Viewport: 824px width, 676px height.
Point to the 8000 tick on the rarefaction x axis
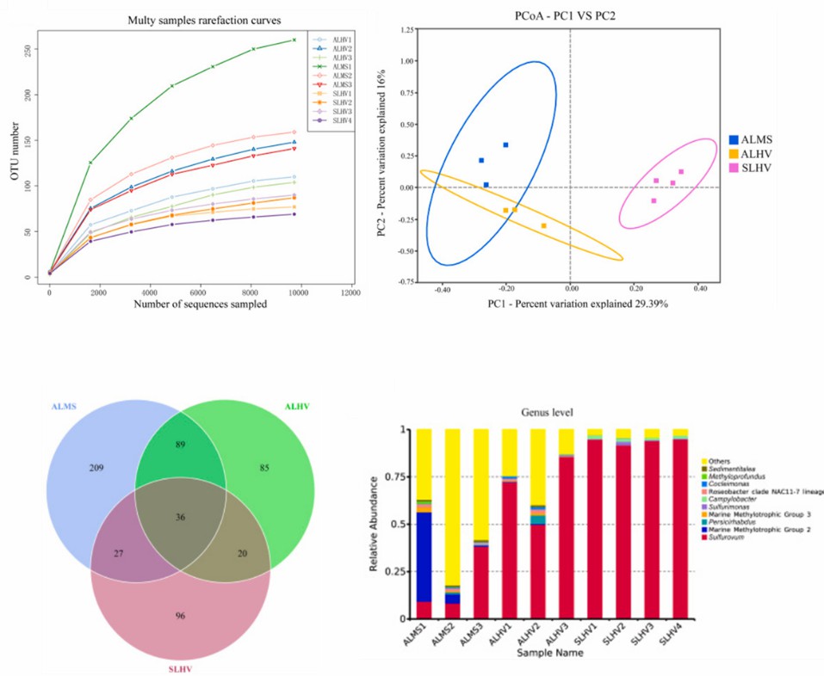tap(249, 293)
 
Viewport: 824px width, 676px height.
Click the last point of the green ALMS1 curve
tap(294, 40)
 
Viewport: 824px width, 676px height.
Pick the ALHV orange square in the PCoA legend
tap(733, 152)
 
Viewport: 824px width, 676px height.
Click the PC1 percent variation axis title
tap(568, 304)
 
